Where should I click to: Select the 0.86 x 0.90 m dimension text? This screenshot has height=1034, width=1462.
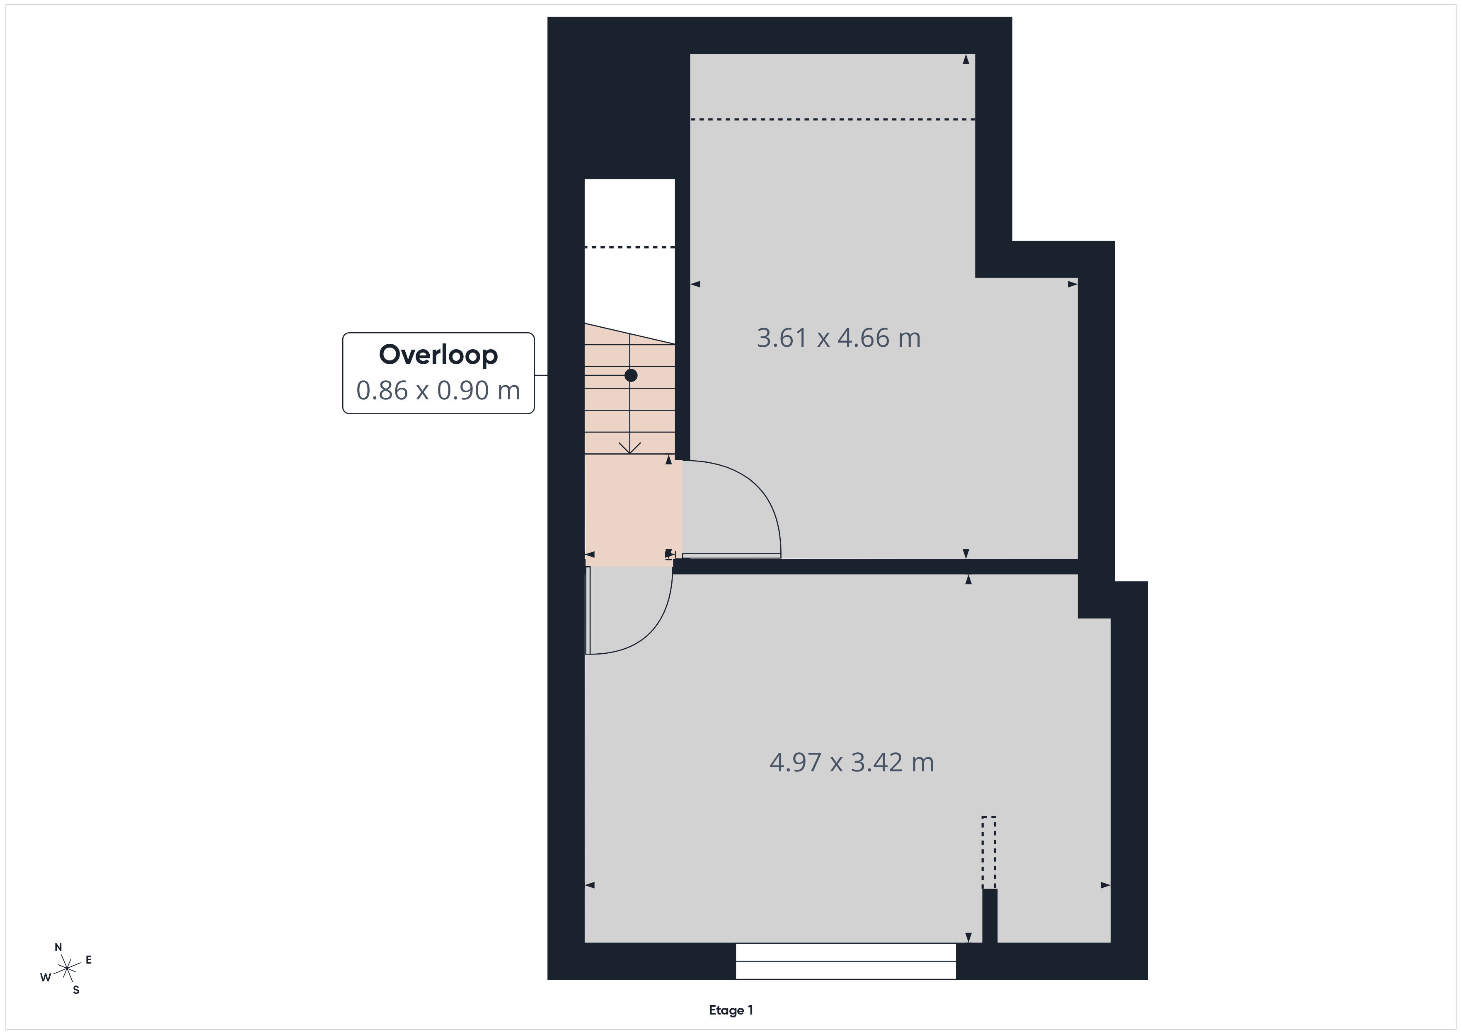[438, 390]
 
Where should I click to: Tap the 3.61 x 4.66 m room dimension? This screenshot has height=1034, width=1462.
[839, 338]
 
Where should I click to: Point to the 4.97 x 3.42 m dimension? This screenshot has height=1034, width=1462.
[851, 762]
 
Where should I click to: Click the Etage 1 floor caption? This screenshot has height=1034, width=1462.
[731, 1010]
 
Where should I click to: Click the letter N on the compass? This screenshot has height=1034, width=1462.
[58, 947]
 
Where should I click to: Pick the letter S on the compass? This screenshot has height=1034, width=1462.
[76, 990]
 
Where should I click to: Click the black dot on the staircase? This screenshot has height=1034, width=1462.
[630, 376]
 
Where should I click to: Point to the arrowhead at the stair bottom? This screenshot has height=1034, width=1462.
[630, 448]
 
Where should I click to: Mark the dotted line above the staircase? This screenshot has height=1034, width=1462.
[630, 247]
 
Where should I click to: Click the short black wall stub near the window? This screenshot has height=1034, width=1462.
[990, 916]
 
